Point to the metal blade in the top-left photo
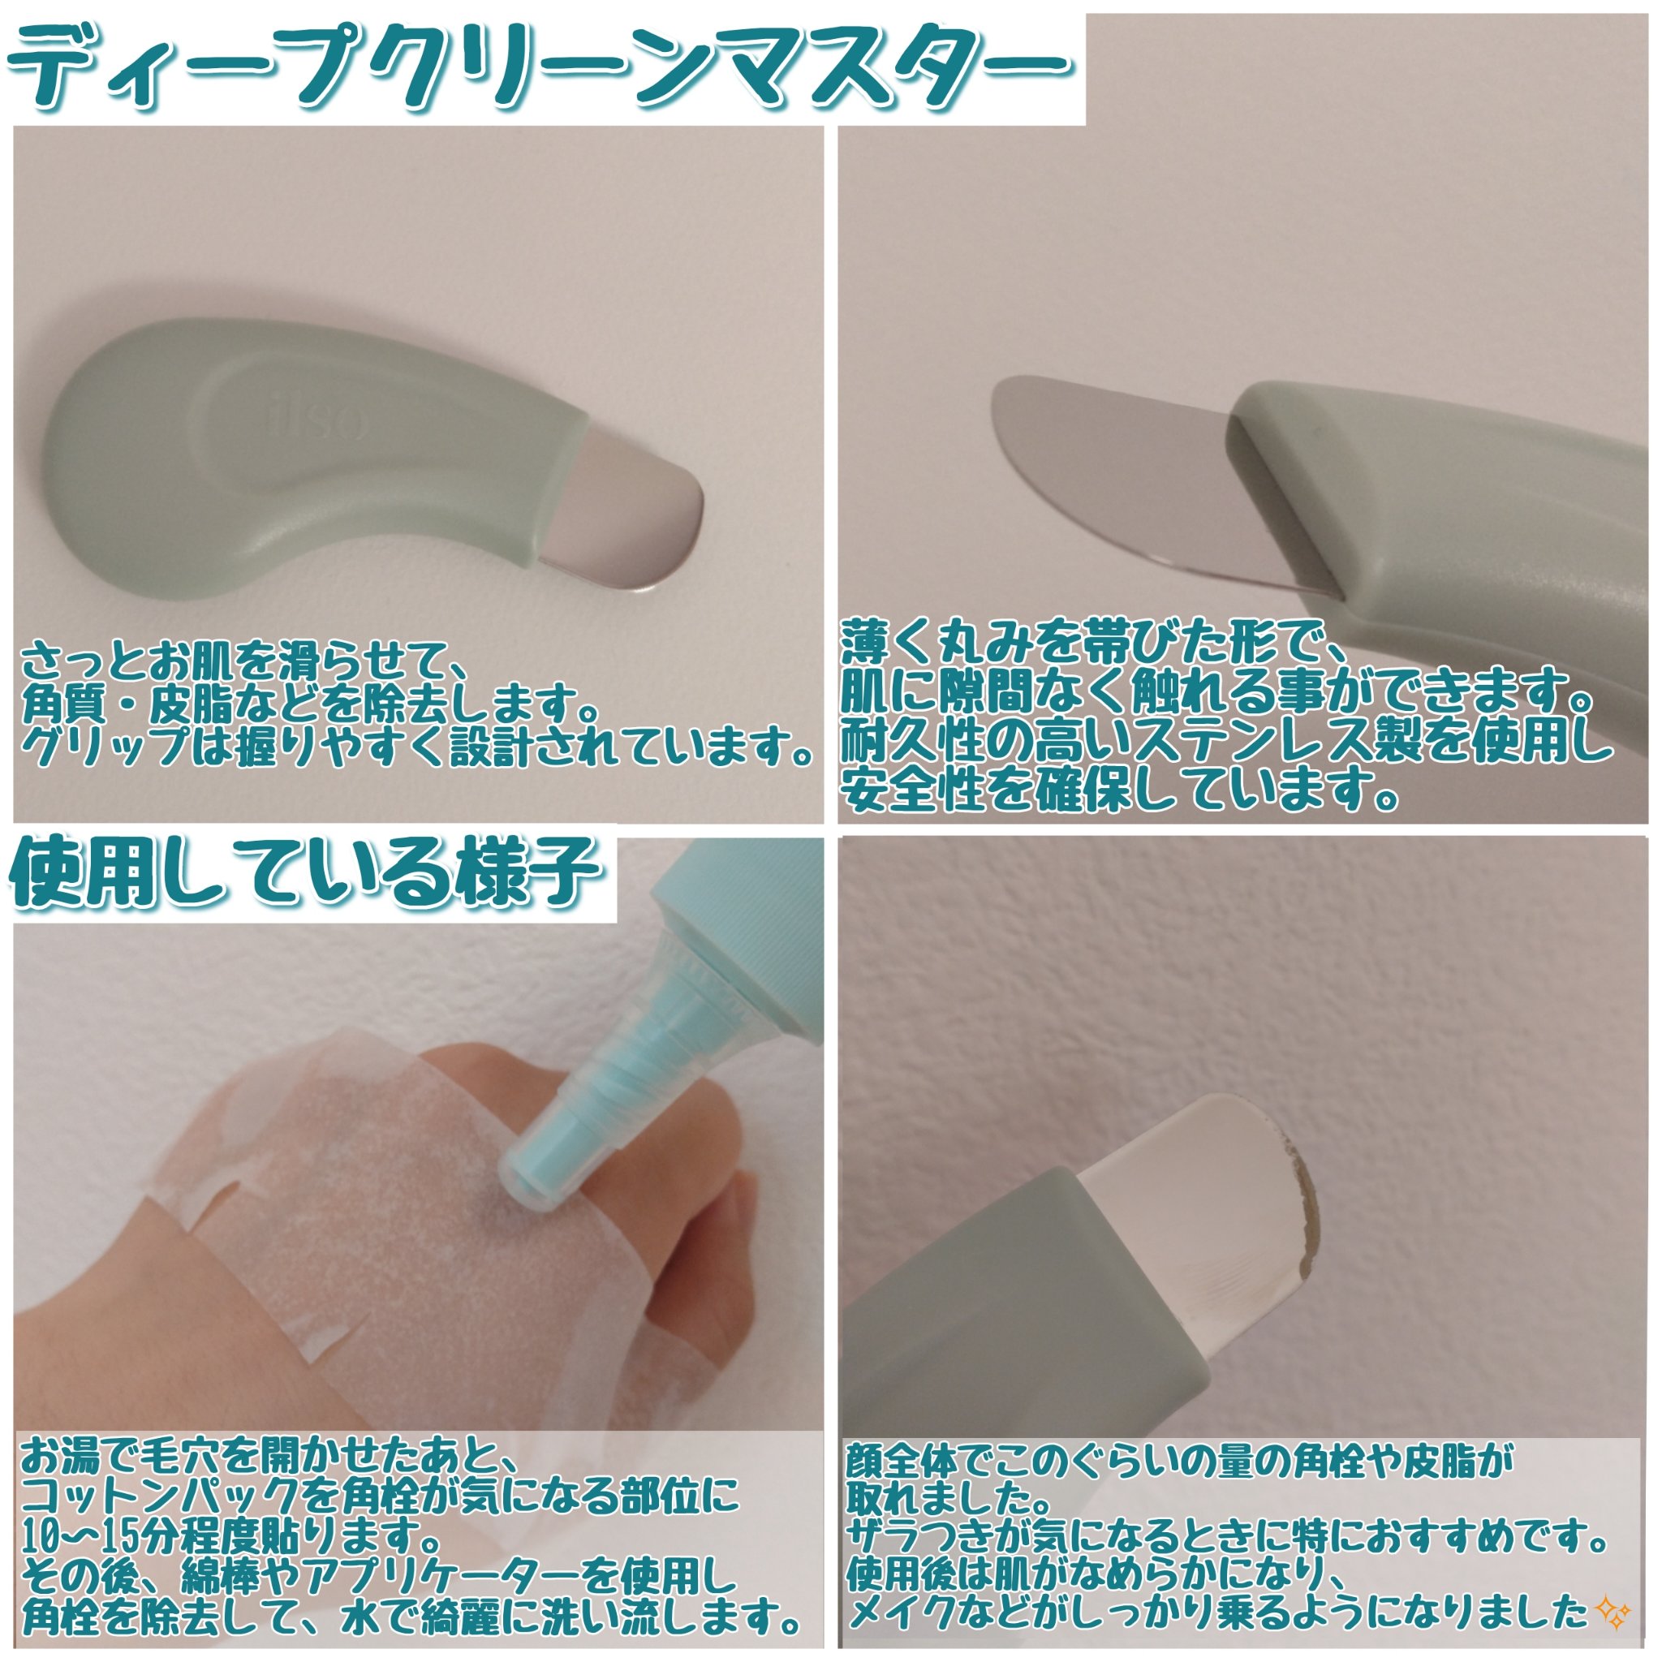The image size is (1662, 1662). coord(632,516)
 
